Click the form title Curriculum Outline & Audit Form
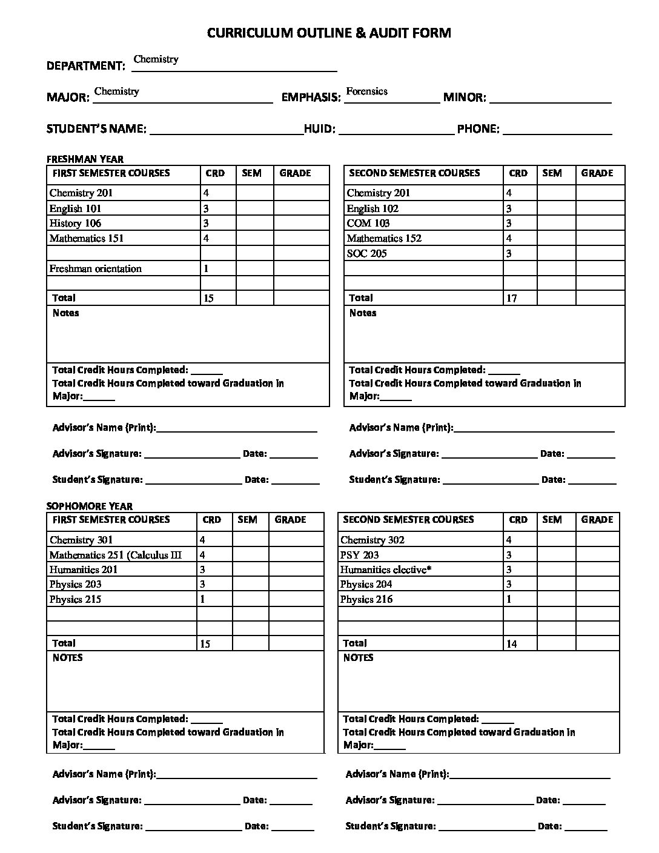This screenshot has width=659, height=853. [x=329, y=33]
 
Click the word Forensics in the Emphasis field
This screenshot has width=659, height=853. [x=366, y=91]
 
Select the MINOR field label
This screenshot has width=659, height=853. [x=465, y=97]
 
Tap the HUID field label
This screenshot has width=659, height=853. [x=319, y=129]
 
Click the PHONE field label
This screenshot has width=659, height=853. [x=478, y=129]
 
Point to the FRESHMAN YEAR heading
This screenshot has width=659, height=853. [x=85, y=159]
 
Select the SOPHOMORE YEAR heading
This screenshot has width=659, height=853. [x=90, y=506]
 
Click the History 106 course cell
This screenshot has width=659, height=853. [x=75, y=224]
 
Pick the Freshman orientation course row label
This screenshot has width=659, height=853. [x=95, y=269]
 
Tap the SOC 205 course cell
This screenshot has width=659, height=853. [x=366, y=254]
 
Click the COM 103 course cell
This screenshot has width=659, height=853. [x=368, y=224]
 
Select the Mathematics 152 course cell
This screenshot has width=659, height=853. [x=384, y=239]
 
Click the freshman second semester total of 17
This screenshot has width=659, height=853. [x=511, y=299]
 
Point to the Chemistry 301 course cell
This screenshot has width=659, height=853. [x=81, y=540]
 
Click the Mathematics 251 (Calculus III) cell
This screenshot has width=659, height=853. [x=115, y=555]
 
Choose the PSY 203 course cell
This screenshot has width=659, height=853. [x=359, y=555]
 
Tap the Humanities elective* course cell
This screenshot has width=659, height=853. [x=385, y=570]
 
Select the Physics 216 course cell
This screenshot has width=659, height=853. [x=366, y=600]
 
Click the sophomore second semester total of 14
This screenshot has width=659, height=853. [x=511, y=644]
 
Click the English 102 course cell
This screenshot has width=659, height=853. [x=373, y=209]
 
